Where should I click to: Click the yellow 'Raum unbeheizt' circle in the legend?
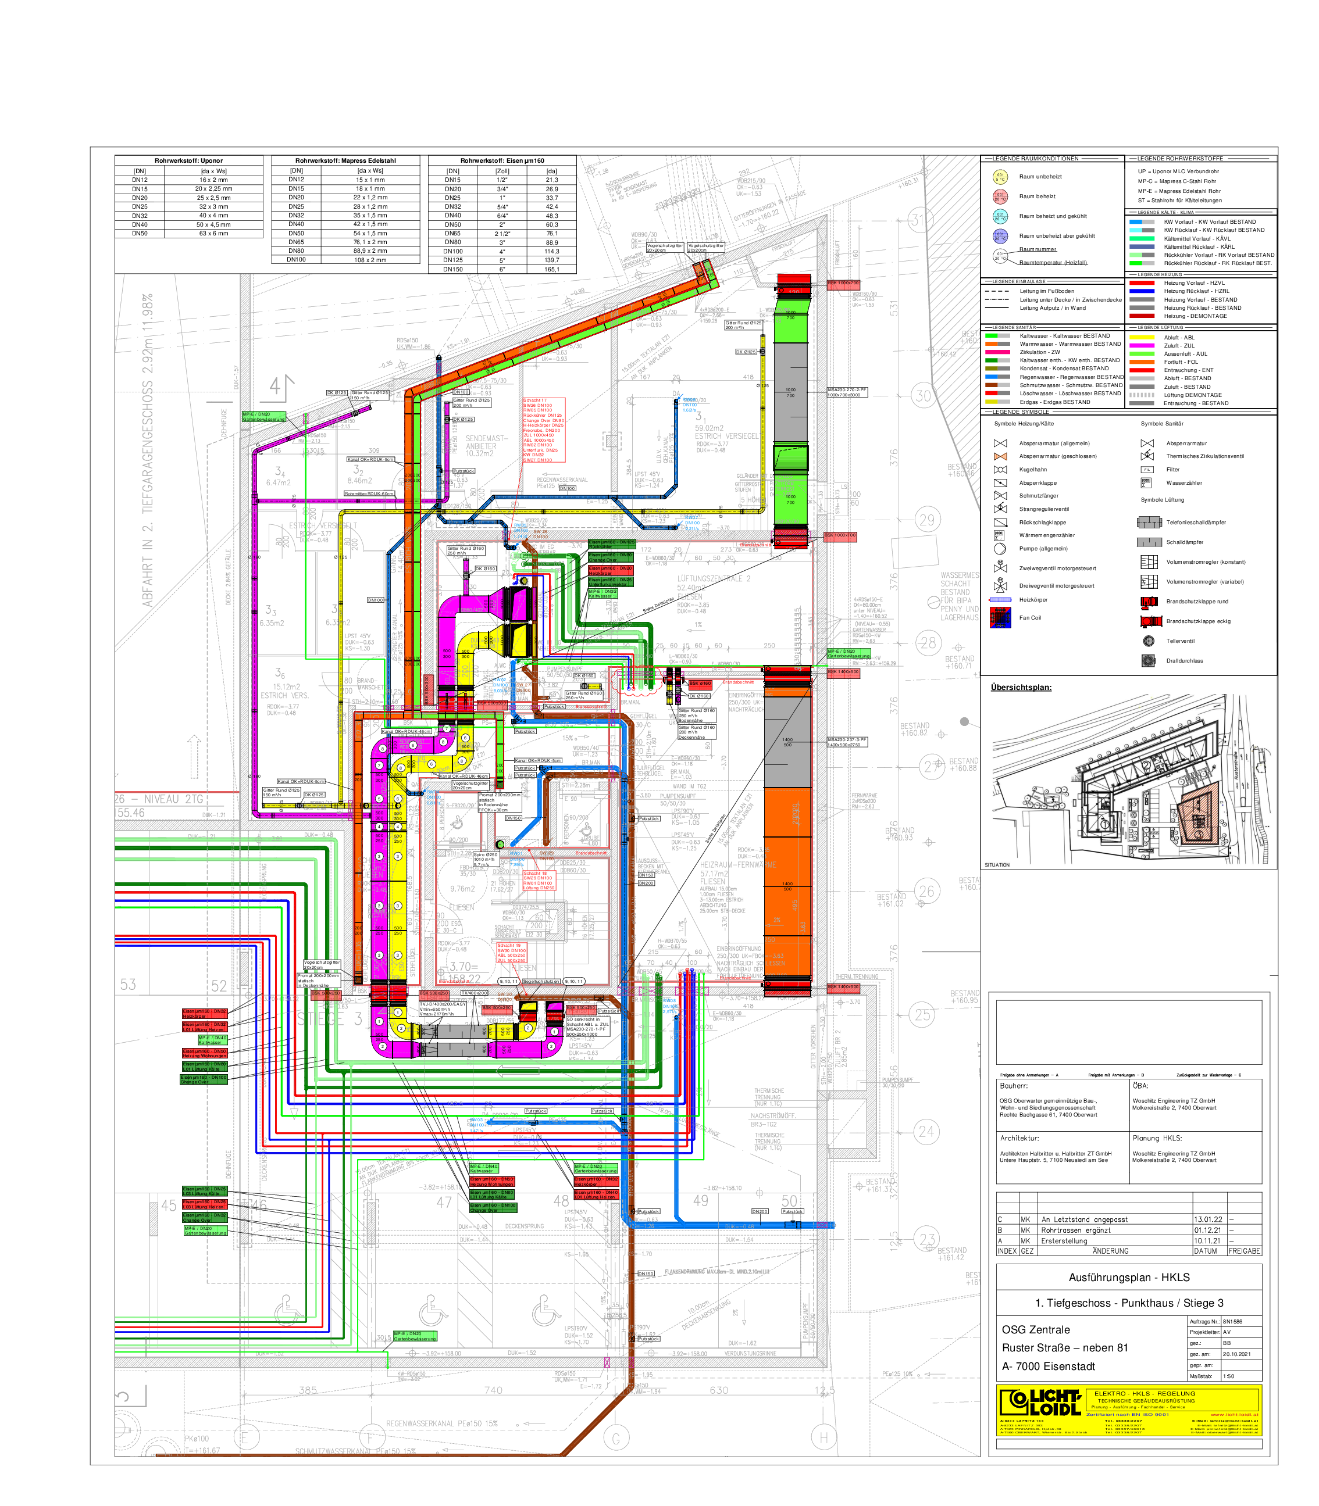1000,177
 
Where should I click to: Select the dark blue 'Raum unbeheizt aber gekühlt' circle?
1000,236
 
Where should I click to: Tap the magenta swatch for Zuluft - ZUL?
1142,345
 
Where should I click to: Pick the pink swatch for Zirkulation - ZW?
997,352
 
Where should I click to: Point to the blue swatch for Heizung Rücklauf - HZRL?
1142,291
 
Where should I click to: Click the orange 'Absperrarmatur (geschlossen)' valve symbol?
1000,456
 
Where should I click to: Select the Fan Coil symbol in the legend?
1000,618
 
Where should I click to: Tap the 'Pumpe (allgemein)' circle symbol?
1000,549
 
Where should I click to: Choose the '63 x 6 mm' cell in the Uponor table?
213,233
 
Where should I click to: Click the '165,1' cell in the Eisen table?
551,269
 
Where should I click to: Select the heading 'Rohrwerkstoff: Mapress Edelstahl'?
345,160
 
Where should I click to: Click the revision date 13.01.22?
1208,1219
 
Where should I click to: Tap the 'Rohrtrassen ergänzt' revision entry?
1075,1230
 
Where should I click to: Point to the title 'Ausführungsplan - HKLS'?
1128,1277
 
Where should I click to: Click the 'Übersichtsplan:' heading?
1020,687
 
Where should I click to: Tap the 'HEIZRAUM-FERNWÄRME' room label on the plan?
737,865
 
